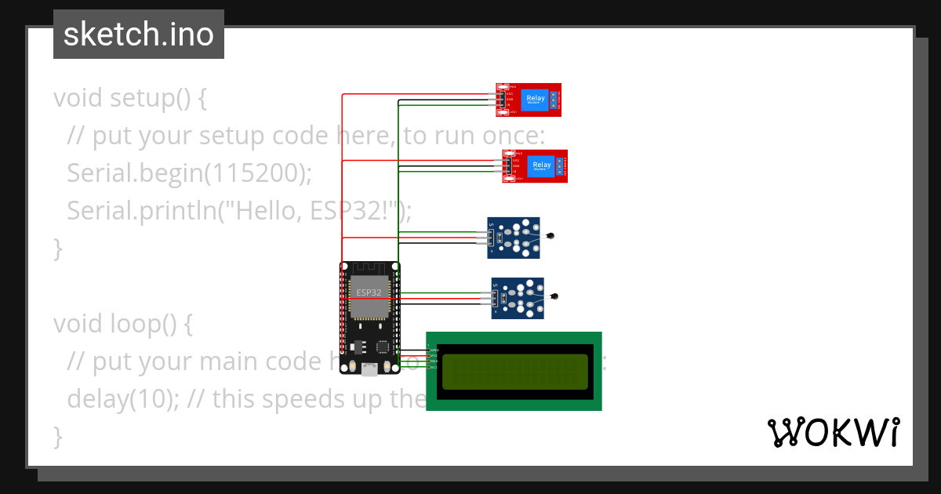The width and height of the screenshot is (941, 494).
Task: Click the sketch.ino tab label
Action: point(138,35)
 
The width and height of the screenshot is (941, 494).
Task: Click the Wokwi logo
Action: point(833,432)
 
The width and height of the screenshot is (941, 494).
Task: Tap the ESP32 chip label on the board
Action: point(369,292)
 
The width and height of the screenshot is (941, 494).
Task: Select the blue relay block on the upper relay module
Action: point(535,100)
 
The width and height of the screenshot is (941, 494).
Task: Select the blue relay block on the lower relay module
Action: point(541,165)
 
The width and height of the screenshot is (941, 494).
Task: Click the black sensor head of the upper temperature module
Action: point(551,235)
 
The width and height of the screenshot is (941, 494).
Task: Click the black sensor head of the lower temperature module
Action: point(555,296)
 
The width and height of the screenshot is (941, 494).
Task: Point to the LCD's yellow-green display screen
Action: point(514,372)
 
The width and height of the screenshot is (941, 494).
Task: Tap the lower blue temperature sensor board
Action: point(518,298)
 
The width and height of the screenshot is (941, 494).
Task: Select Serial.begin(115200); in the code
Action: point(189,173)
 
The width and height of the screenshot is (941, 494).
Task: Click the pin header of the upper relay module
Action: point(500,100)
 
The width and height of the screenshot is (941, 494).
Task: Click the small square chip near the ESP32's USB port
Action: point(383,346)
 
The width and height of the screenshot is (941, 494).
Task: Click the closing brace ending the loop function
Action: point(57,436)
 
